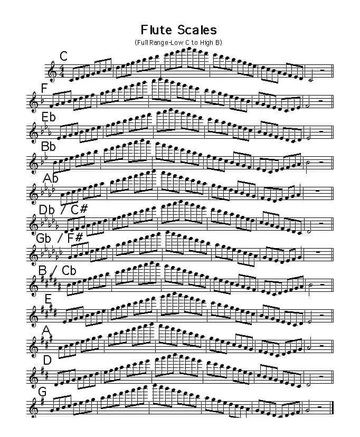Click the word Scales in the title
pos(197,30)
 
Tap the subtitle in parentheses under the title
pos(178,43)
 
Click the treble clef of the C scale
pos(51,71)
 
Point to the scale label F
pos(44,88)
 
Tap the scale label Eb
pos(49,117)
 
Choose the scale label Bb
pos(48,146)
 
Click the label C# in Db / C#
pos(79,210)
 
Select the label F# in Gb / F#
pos(75,237)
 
